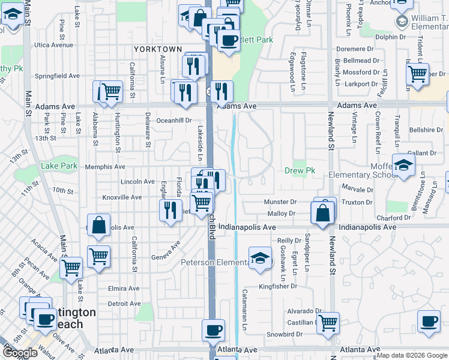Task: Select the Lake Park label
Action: [59, 166]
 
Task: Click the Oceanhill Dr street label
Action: [173, 120]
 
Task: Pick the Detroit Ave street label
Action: [124, 304]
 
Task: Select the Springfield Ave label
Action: [57, 76]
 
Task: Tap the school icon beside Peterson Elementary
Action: [259, 259]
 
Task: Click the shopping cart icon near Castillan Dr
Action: [328, 323]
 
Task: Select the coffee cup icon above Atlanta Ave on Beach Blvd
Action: [212, 329]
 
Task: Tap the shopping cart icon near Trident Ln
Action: [417, 74]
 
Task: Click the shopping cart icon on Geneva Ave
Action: [98, 256]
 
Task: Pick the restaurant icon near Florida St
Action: [170, 209]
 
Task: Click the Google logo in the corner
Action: [20, 353]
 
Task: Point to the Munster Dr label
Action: [282, 202]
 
